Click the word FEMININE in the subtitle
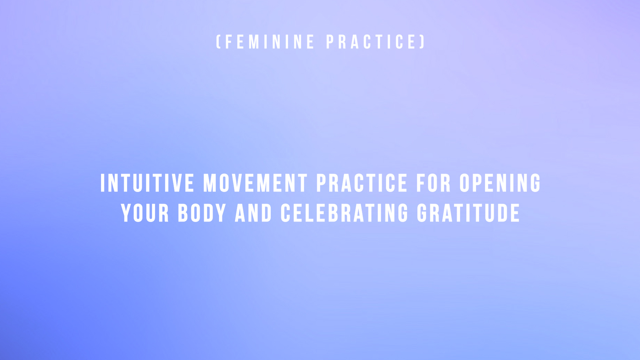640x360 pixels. [x=270, y=42]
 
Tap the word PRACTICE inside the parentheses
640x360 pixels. [x=371, y=42]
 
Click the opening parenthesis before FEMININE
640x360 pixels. [x=218, y=42]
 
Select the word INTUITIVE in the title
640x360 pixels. [x=147, y=183]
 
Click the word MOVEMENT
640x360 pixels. [x=255, y=183]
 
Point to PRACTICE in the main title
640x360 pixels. [x=362, y=183]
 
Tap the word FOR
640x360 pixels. [x=433, y=183]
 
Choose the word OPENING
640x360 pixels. [x=500, y=183]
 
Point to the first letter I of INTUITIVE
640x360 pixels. [x=103, y=183]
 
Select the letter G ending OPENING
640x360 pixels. [x=535, y=183]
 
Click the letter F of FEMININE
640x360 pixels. [x=229, y=42]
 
